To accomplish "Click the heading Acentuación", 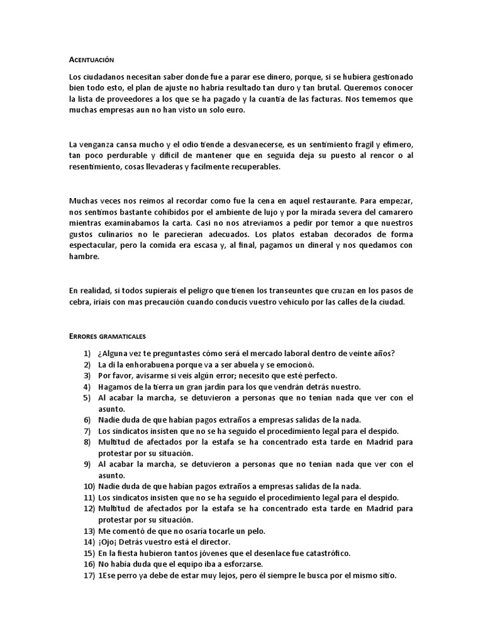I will point(91,60).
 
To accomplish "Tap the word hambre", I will point(84,257).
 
